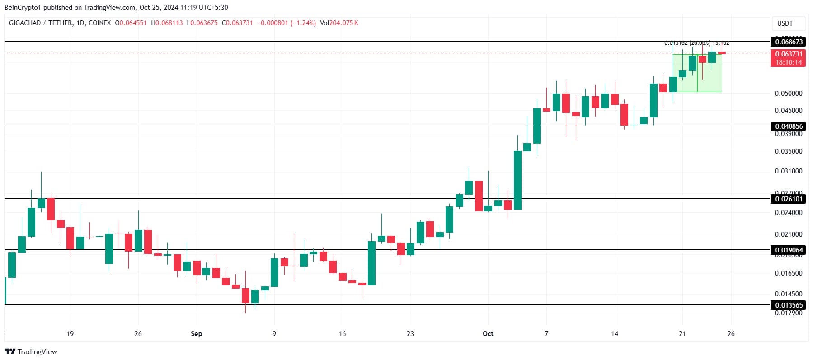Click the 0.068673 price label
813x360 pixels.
pyautogui.click(x=789, y=42)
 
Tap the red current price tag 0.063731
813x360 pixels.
pyautogui.click(x=789, y=54)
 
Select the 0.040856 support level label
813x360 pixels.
pyautogui.click(x=789, y=126)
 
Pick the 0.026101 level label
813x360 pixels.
pyautogui.click(x=789, y=199)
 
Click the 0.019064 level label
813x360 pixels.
pyautogui.click(x=789, y=250)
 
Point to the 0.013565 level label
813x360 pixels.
pyautogui.click(x=789, y=305)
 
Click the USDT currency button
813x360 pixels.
pyautogui.click(x=785, y=23)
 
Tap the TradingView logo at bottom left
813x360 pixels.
pyautogui.click(x=31, y=351)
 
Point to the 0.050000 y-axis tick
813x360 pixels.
pyautogui.click(x=789, y=94)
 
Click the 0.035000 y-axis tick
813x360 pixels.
pyautogui.click(x=789, y=151)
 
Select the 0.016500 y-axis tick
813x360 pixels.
pyautogui.click(x=789, y=273)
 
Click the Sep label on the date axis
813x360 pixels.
pyautogui.click(x=196, y=334)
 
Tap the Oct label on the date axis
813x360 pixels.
pyautogui.click(x=488, y=334)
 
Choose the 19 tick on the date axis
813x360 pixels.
pyautogui.click(x=70, y=334)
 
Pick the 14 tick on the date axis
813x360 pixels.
pyautogui.click(x=615, y=334)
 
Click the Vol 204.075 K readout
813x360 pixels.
pyautogui.click(x=339, y=23)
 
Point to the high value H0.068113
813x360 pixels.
pyautogui.click(x=167, y=23)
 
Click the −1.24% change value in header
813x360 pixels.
pyautogui.click(x=303, y=23)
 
